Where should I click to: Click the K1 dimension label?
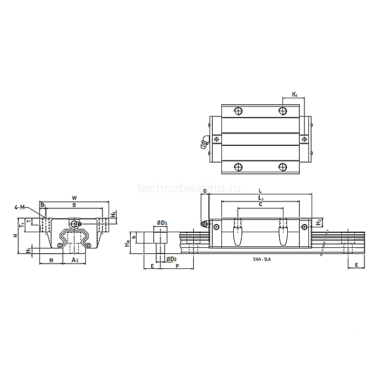pos(295,95)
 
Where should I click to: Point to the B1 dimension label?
pos(43,205)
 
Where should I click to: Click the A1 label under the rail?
pos(75,260)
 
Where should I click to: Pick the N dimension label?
pos(51,260)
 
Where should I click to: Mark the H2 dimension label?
pos(113,214)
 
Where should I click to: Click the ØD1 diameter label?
pos(161,223)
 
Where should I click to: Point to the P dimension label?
pos(177,266)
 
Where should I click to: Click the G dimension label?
pos(205,191)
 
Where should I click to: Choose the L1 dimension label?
pos(261,199)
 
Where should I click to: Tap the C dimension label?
pos(260,205)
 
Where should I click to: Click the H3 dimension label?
pos(319,222)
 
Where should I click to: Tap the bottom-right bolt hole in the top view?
pos(282,165)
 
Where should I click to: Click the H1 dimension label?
pos(28,251)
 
